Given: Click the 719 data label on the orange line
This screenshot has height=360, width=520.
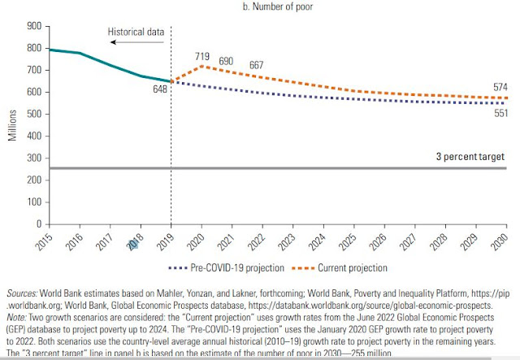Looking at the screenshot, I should [x=203, y=56].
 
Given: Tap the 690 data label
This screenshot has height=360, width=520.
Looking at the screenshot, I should [x=226, y=62].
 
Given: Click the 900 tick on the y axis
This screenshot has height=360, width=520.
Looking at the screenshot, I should [x=33, y=27].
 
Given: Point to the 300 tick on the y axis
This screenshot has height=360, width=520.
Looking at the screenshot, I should [x=33, y=158].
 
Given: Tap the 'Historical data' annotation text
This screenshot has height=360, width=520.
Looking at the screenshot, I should [x=136, y=33].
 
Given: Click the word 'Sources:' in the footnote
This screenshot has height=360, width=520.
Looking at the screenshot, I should [x=24, y=291].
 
